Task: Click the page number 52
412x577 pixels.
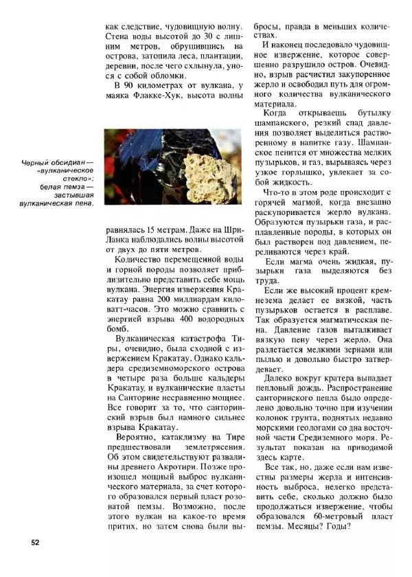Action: pyautogui.click(x=35, y=542)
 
